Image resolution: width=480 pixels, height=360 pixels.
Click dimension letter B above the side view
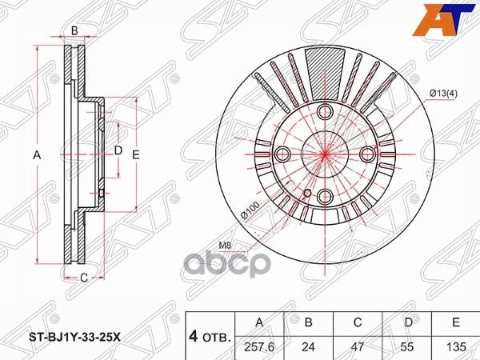74,30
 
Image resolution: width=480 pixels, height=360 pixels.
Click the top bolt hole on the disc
326,114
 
